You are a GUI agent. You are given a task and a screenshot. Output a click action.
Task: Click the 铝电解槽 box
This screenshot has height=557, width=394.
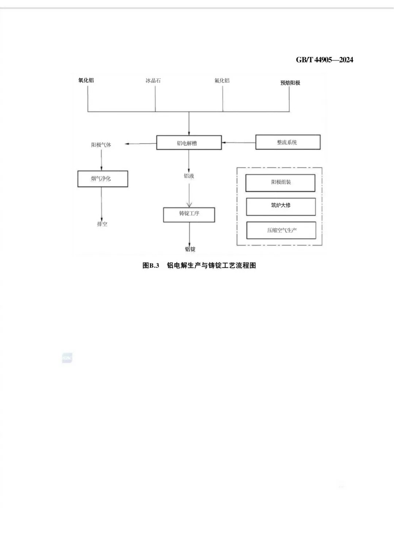coord(189,143)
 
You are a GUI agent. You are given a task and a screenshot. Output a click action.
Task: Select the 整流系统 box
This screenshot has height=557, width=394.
coord(288,142)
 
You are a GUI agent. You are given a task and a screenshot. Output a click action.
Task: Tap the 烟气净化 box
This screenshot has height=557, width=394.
coord(103,179)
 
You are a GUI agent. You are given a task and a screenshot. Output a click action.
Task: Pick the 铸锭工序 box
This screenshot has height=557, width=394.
coord(189,214)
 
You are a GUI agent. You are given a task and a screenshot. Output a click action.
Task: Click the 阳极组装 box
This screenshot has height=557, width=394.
coord(280,183)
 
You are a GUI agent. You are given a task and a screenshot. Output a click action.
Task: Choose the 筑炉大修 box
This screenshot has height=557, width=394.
coord(281,206)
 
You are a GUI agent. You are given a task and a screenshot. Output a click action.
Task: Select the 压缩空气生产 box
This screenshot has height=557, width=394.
coord(281,231)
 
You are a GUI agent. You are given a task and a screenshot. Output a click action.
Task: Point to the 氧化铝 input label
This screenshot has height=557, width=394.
coord(86,80)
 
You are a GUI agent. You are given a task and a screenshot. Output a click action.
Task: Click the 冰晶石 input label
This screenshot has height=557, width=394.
coord(153,81)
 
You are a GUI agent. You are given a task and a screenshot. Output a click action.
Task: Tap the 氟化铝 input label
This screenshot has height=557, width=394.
coord(222,81)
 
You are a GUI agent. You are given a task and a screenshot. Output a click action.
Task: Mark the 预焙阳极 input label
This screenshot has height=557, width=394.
coord(290,83)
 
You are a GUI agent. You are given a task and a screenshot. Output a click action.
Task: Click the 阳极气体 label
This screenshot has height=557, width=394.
coord(101,145)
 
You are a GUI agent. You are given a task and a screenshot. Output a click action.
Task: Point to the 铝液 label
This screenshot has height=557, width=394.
coord(189,176)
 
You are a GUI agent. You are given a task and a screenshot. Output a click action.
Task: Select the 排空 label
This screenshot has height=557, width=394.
coord(102,224)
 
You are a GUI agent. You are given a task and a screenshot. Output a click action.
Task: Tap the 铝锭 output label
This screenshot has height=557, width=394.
coord(190,249)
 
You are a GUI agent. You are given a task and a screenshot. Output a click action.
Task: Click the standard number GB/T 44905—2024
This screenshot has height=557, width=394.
coord(324,60)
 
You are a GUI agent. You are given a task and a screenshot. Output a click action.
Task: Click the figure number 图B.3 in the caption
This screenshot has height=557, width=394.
coord(151,266)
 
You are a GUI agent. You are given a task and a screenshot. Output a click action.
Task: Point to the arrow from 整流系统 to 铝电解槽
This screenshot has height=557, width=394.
coord(239,142)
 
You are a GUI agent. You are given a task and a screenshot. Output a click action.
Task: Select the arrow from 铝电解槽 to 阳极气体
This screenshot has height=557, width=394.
coord(141,144)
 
